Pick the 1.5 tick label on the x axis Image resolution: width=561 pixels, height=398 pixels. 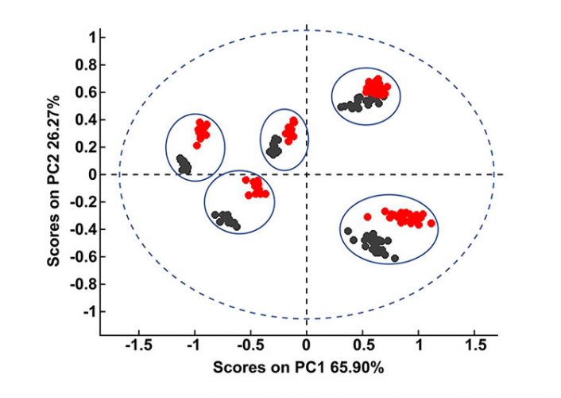pos(476,345)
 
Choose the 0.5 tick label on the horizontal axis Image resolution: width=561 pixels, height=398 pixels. pos(363,345)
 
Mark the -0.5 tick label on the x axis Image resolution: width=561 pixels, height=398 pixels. pos(250,345)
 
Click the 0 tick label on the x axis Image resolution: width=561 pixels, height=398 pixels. pos(307,345)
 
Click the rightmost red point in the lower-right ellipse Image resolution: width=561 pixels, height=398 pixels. pos(431,224)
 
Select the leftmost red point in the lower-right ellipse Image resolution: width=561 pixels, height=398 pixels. pos(367,217)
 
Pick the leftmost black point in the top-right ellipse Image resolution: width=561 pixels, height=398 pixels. pos(340,107)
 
